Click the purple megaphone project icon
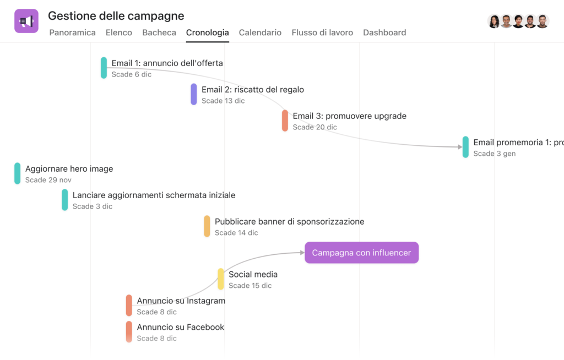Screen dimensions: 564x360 26,21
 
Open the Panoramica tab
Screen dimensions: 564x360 72,32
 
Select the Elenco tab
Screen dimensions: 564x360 119,32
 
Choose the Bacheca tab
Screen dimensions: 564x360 159,32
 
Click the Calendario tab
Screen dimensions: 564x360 260,32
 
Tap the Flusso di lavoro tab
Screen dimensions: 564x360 322,32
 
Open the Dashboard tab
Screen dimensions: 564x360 384,32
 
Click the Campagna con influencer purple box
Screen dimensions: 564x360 361,253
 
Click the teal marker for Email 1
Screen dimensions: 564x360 104,68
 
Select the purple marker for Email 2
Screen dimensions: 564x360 193,94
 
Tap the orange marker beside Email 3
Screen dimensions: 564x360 285,121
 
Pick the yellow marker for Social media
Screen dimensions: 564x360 220,279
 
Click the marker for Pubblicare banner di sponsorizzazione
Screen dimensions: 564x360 207,226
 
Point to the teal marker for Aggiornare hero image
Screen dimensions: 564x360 17,173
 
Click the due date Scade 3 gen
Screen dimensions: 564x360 494,154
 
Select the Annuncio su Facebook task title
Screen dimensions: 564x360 181,327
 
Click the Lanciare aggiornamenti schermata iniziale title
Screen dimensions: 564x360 154,195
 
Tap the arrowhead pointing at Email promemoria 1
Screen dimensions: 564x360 460,147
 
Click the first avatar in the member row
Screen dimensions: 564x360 494,21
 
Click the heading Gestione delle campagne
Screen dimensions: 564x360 116,16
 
